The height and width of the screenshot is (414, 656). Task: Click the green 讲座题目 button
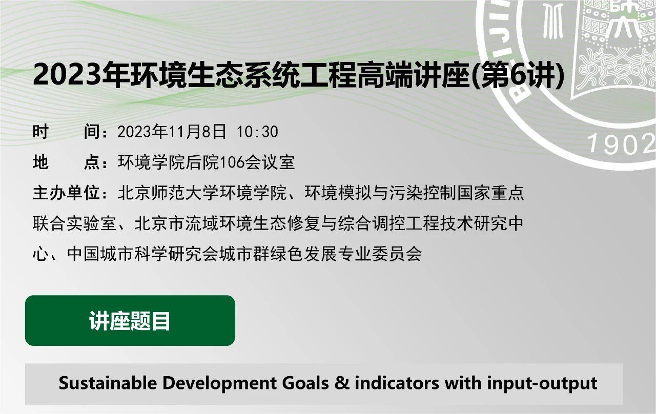(130, 321)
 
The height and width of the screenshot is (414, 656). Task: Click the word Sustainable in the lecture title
(108, 383)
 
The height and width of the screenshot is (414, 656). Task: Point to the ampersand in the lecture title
(341, 383)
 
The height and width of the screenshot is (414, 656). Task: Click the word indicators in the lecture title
(397, 383)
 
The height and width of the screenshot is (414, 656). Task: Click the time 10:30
(257, 132)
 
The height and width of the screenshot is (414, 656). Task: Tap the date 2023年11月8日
(172, 132)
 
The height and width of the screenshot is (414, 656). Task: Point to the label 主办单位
(66, 193)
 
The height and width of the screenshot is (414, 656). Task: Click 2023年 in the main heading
(81, 74)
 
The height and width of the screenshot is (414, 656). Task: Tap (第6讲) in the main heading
(519, 75)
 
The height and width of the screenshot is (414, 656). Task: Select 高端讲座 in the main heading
(415, 75)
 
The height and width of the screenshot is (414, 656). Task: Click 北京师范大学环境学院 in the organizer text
(202, 193)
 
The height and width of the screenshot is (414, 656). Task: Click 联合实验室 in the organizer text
(75, 223)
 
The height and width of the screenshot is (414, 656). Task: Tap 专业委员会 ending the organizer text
(380, 254)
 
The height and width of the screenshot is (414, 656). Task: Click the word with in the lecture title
(463, 383)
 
